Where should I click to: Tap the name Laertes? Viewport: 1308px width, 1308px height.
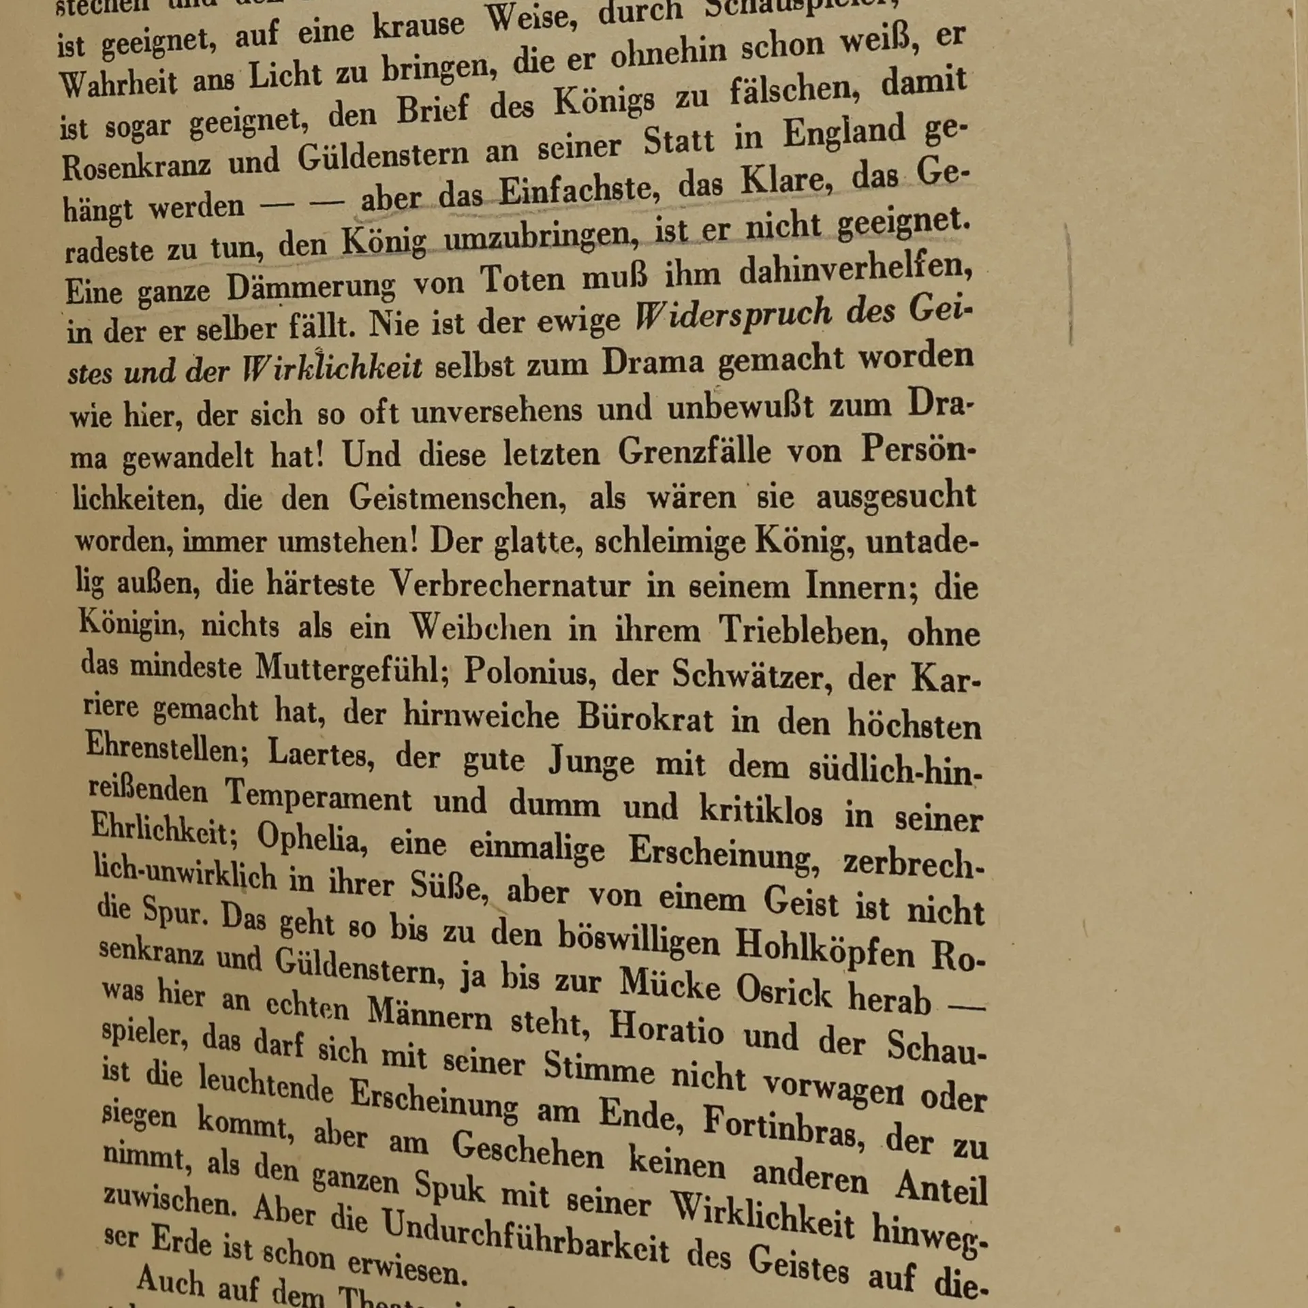click(x=320, y=753)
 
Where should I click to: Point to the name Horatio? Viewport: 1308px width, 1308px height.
click(x=666, y=1028)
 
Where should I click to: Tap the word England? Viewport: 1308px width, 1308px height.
click(x=844, y=131)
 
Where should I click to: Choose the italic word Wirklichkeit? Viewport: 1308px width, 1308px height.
click(x=332, y=369)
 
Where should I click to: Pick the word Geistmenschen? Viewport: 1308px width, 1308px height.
click(x=457, y=498)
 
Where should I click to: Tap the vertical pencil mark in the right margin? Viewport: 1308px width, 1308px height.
click(x=1070, y=286)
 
